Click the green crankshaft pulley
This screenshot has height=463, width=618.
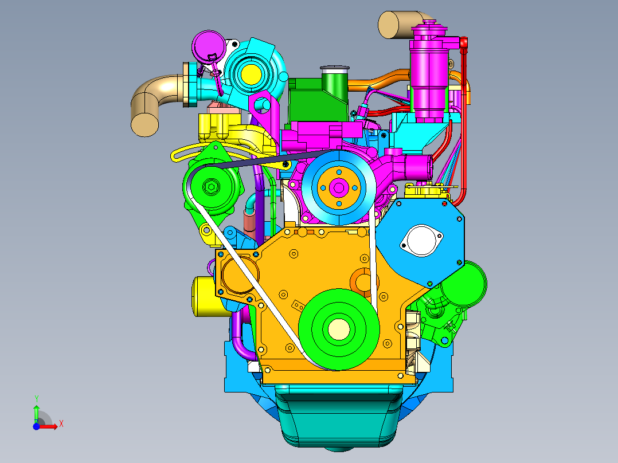point(339,329)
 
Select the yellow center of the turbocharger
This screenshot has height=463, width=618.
point(251,73)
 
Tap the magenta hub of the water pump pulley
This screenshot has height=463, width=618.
point(339,188)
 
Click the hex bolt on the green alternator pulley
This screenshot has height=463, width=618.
point(211,187)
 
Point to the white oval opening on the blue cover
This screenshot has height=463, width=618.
point(421,240)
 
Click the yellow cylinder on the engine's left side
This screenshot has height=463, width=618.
point(207,296)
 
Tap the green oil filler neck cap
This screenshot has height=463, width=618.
point(335,69)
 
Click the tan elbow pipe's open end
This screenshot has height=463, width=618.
point(144,124)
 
